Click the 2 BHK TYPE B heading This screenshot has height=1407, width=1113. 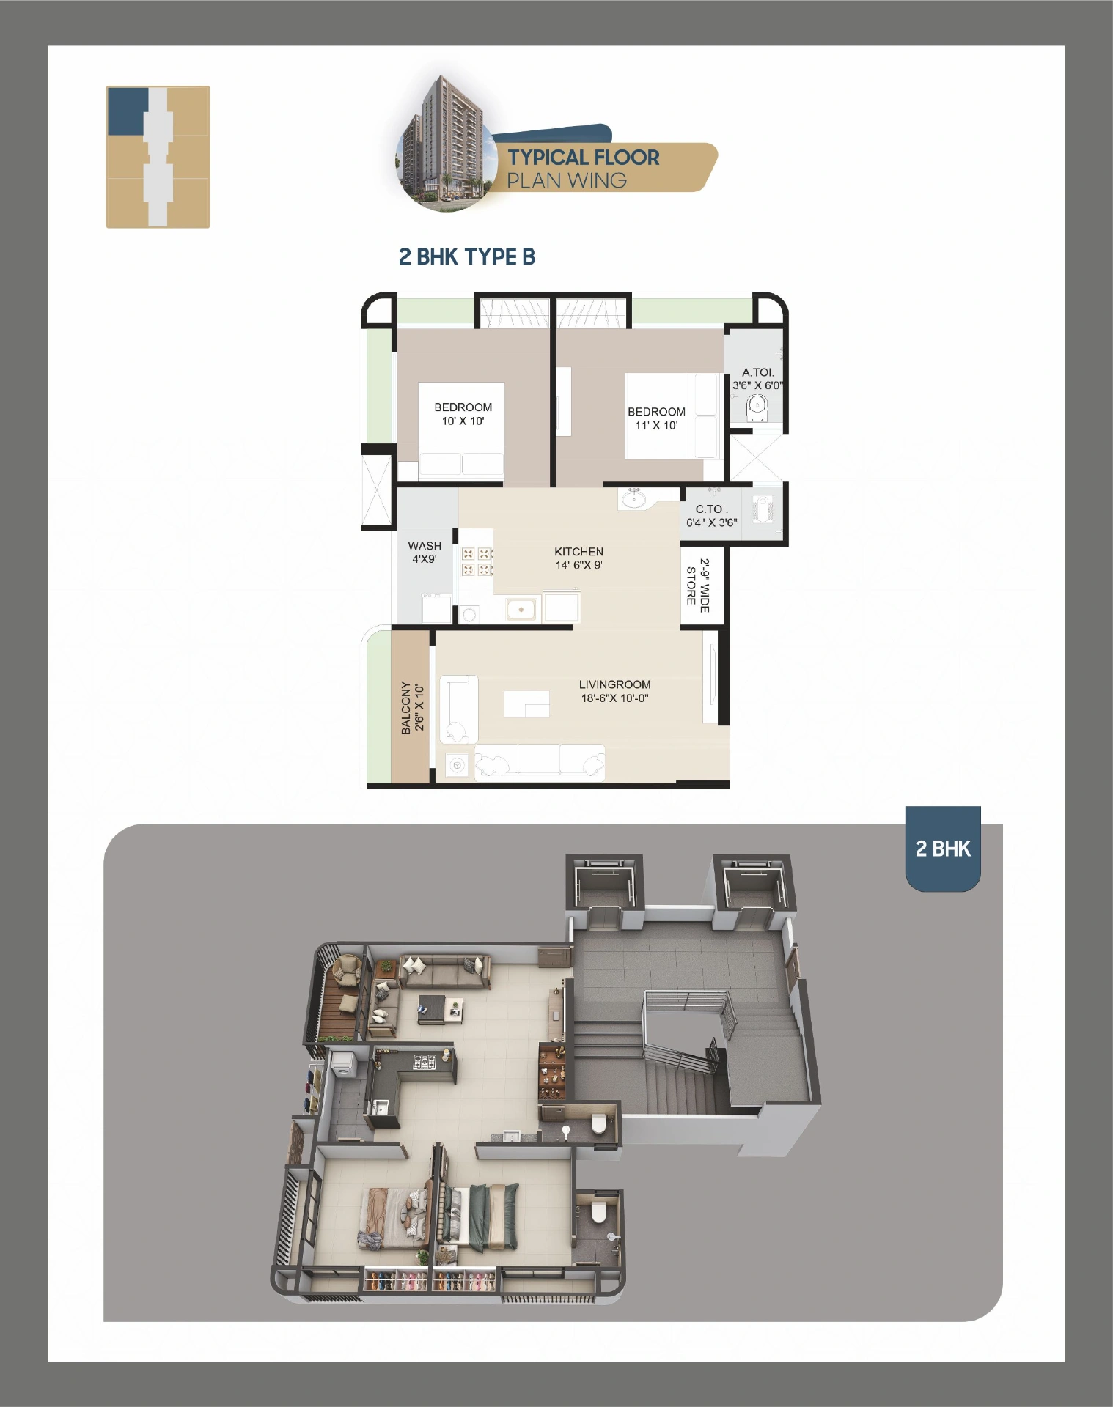[466, 257]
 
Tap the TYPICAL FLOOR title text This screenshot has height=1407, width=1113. [584, 158]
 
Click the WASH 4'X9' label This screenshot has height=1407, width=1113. [425, 552]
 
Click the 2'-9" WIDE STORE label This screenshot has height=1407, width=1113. [697, 586]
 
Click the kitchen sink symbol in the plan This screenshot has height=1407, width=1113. [521, 608]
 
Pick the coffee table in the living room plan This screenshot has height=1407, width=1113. [526, 703]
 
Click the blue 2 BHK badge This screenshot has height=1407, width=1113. [943, 849]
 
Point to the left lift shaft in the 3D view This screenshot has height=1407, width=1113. [606, 891]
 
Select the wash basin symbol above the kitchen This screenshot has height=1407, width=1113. [633, 498]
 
